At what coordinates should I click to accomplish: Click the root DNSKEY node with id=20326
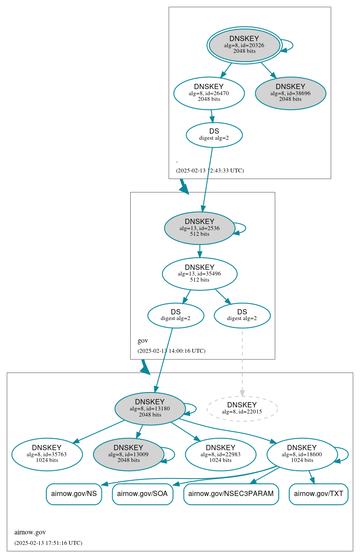244,45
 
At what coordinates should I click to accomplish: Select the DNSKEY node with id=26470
209,93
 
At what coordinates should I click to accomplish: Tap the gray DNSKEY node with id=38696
290,93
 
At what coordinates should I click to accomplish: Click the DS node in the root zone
214,134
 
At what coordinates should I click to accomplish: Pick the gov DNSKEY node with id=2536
200,228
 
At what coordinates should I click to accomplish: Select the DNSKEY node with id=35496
200,274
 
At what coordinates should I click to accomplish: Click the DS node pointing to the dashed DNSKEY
242,315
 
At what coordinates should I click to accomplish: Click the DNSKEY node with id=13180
150,409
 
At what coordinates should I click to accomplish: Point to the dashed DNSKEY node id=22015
242,408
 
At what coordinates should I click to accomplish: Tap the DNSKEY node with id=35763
47,454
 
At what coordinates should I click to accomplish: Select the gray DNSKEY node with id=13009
128,454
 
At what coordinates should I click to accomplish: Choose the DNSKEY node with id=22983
221,454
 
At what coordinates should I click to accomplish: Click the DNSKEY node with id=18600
302,454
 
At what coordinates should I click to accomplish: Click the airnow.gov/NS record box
74,494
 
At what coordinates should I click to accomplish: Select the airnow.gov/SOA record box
142,494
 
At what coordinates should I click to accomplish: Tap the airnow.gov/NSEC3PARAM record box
231,494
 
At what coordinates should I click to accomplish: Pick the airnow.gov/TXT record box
318,494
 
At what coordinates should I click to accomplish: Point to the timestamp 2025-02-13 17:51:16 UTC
48,543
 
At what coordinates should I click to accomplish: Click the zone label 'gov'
143,341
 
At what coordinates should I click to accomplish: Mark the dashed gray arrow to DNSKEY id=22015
242,362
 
